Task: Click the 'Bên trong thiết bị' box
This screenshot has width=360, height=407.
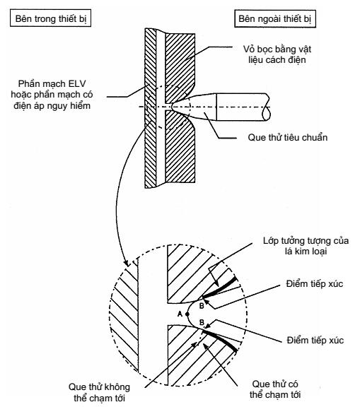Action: tap(50, 18)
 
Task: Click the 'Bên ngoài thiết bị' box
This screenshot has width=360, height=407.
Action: tap(275, 18)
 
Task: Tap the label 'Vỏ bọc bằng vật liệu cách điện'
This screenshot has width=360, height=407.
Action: tap(277, 54)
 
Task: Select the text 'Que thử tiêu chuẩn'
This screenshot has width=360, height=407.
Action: tap(288, 137)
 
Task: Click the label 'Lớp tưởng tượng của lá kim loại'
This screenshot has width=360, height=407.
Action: tap(306, 246)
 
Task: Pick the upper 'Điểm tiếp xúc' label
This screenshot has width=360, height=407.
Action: tap(315, 284)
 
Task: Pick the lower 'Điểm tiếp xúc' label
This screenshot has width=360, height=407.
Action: tap(315, 341)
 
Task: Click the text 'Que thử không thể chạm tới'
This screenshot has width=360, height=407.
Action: tap(99, 392)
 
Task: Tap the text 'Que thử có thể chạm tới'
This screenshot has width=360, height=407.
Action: tap(275, 389)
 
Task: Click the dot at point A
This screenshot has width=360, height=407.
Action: tap(187, 314)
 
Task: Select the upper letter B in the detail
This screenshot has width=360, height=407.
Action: tap(202, 306)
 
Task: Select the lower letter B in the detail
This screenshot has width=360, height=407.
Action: tap(202, 322)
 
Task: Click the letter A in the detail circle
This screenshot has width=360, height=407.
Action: tap(180, 314)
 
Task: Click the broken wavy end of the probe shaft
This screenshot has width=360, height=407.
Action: tap(267, 107)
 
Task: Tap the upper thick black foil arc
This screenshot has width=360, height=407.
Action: tap(220, 288)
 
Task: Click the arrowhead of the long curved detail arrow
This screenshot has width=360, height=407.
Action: tap(127, 263)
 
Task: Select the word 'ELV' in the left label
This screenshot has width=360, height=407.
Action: tap(77, 84)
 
